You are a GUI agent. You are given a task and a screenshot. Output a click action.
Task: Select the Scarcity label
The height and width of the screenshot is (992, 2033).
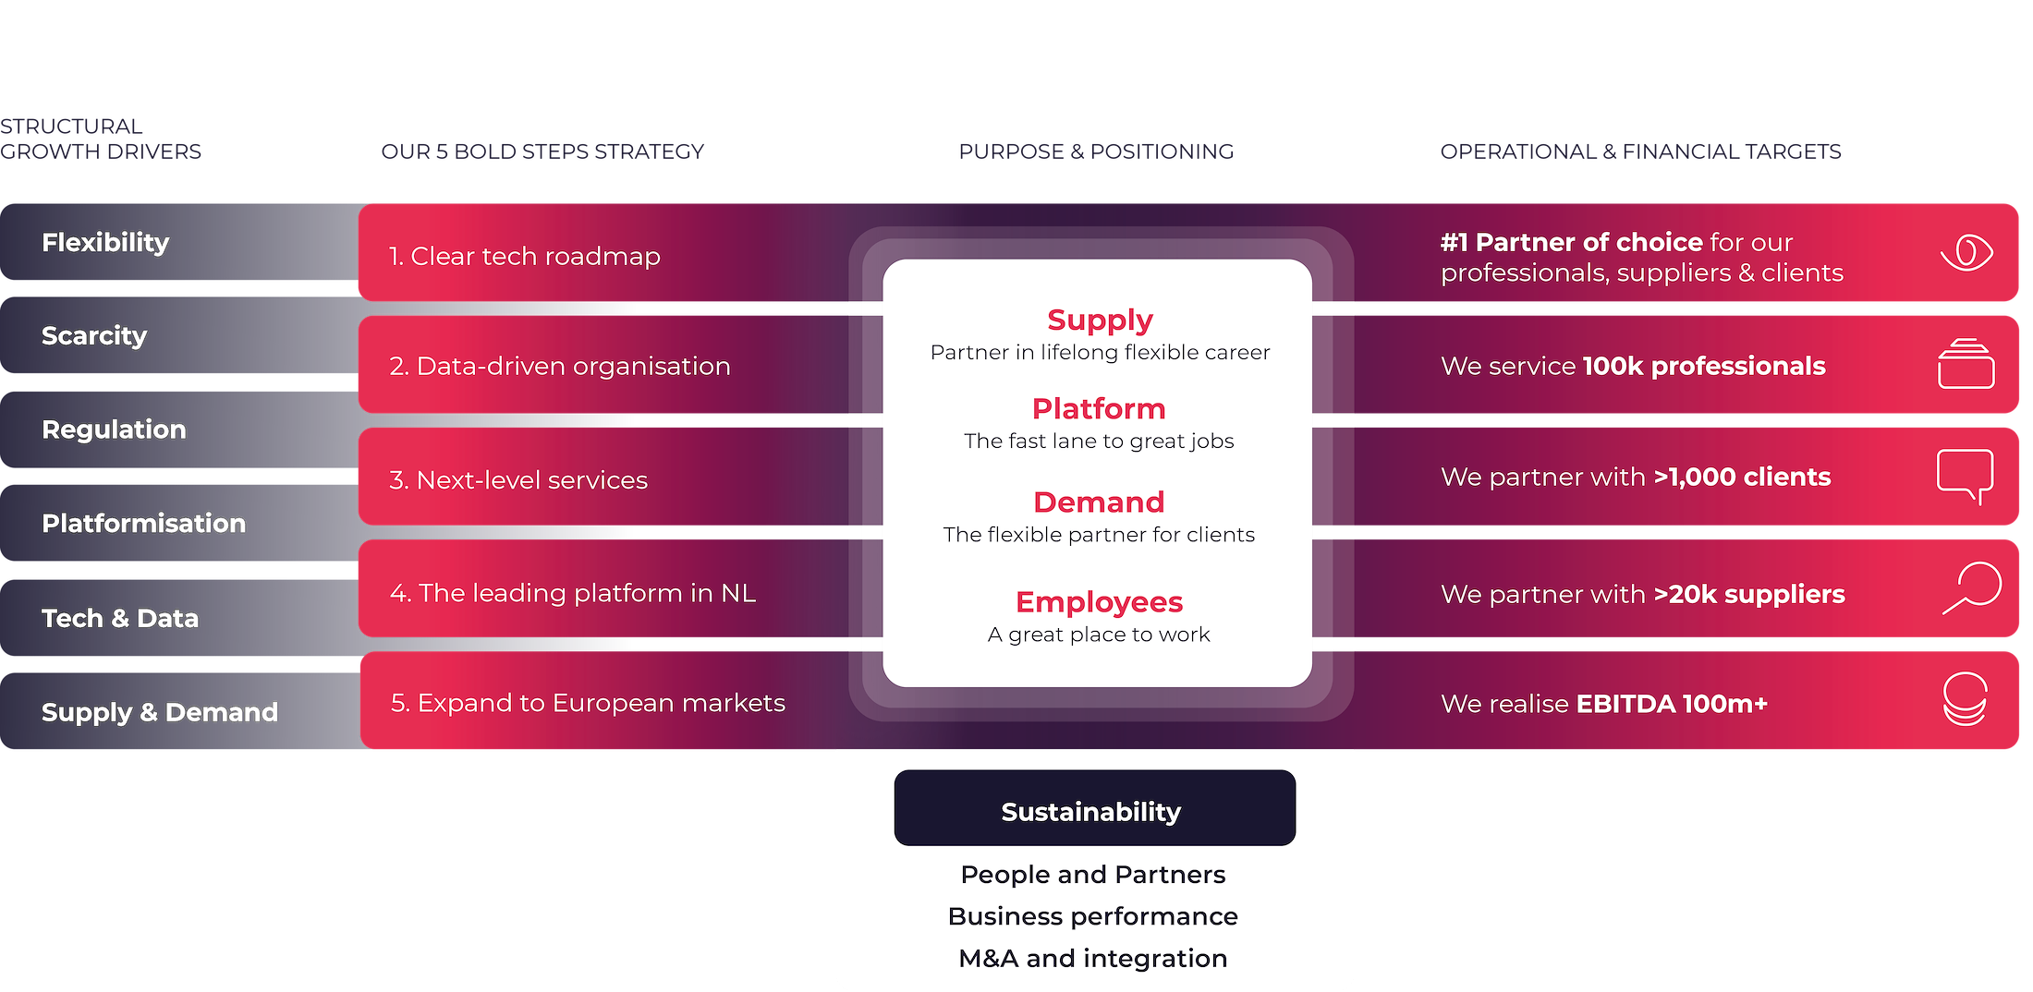pyautogui.click(x=94, y=335)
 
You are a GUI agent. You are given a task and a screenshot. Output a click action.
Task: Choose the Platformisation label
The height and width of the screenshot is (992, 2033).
pyautogui.click(x=143, y=523)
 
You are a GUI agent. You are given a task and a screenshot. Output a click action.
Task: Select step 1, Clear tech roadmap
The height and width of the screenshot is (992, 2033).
pyautogui.click(x=524, y=256)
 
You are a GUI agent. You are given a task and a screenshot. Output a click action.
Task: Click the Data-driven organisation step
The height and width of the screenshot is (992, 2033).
pyautogui.click(x=559, y=366)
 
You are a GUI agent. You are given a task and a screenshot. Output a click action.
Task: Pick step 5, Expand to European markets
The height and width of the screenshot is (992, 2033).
pyautogui.click(x=588, y=703)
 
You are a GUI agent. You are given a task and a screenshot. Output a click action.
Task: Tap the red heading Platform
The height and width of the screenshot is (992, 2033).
pyautogui.click(x=1098, y=408)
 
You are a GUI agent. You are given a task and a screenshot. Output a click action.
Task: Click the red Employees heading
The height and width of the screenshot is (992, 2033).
pyautogui.click(x=1098, y=601)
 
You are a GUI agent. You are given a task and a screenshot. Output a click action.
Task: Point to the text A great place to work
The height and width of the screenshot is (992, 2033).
pyautogui.click(x=1098, y=635)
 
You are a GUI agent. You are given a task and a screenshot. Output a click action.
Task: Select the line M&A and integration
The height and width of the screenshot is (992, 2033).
pyautogui.click(x=1092, y=958)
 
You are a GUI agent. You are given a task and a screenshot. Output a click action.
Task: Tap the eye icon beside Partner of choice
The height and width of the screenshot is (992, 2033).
pyautogui.click(x=1966, y=252)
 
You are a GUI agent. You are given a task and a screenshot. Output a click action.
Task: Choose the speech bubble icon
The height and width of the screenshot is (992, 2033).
pyautogui.click(x=1965, y=475)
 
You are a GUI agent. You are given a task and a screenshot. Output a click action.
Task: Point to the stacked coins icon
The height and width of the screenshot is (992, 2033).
pyautogui.click(x=1964, y=699)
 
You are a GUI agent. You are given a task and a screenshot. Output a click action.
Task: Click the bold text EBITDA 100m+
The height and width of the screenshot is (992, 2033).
pyautogui.click(x=1671, y=704)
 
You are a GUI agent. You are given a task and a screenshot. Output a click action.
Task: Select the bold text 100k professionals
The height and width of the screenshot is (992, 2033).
pyautogui.click(x=1703, y=366)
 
